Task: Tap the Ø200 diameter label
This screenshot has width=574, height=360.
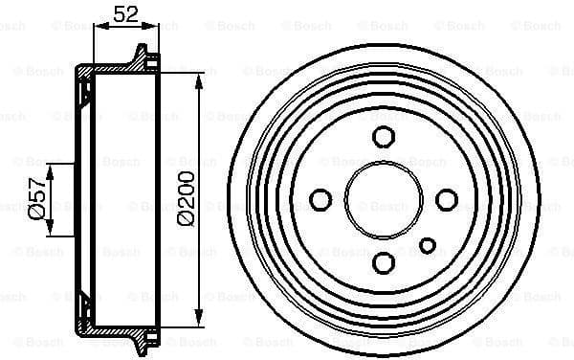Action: [185, 197]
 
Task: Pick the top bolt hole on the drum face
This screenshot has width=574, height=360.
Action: [384, 136]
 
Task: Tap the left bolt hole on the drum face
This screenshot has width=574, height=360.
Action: [321, 199]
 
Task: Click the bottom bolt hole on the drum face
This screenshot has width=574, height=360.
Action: [384, 261]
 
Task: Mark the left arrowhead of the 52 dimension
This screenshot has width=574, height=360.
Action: [98, 30]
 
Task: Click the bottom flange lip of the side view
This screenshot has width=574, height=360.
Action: [143, 343]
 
